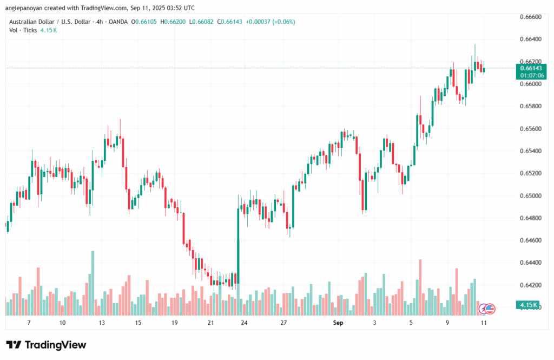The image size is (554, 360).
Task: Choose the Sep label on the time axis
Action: click(338, 323)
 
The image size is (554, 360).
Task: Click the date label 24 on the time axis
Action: click(245, 323)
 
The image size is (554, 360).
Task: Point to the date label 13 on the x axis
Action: click(101, 323)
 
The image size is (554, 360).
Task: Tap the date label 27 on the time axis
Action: click(283, 323)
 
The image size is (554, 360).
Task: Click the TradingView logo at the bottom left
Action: click(46, 345)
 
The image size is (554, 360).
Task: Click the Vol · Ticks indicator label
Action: click(24, 30)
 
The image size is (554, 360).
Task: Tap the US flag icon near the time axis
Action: click(490, 309)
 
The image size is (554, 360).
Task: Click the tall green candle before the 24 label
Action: click(238, 244)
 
